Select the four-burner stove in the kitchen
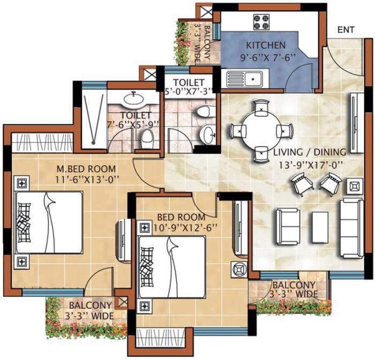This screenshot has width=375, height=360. [x=261, y=22]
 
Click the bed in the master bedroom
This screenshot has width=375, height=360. [x=49, y=222]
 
